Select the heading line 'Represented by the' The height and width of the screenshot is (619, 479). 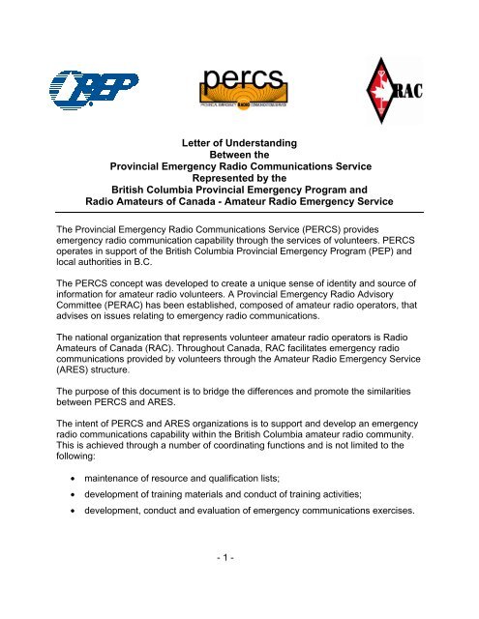[239, 178]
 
